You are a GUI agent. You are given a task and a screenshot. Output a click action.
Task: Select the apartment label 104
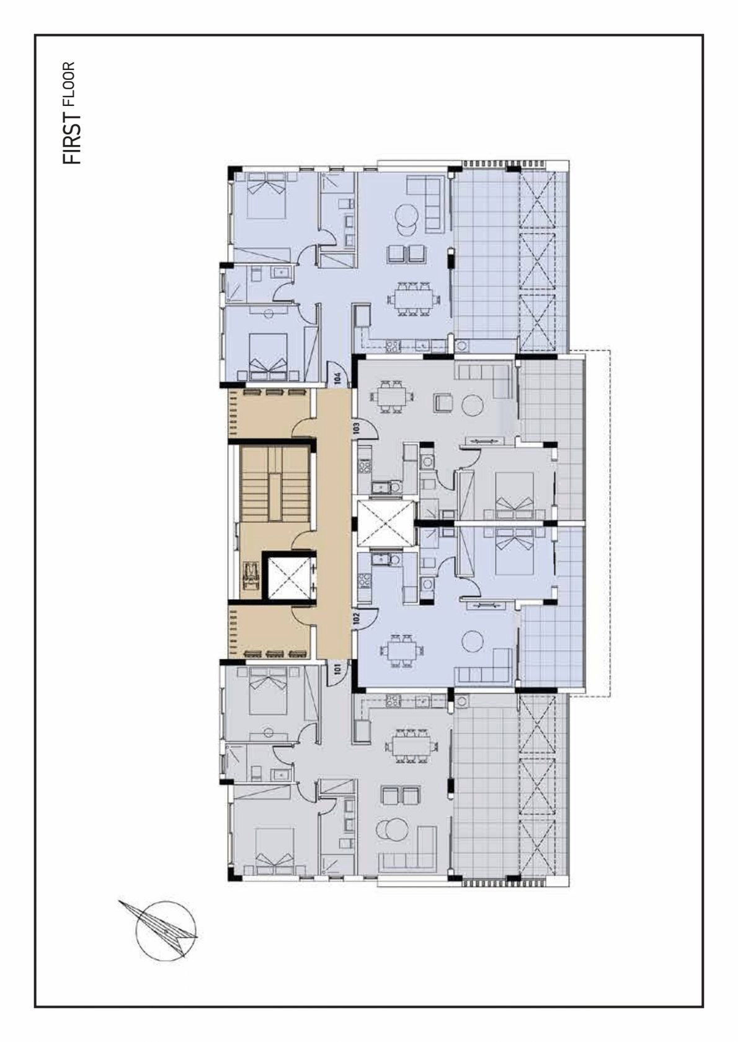(338, 377)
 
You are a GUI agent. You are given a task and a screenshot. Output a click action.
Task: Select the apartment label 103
(357, 428)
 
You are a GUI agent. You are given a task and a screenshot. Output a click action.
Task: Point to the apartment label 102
(357, 618)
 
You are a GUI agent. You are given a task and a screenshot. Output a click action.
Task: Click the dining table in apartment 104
(412, 299)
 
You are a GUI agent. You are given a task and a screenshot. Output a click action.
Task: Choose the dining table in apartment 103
(391, 397)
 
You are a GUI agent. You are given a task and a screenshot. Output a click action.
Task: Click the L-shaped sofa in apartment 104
(425, 204)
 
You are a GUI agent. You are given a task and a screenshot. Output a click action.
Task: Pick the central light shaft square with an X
(386, 523)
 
